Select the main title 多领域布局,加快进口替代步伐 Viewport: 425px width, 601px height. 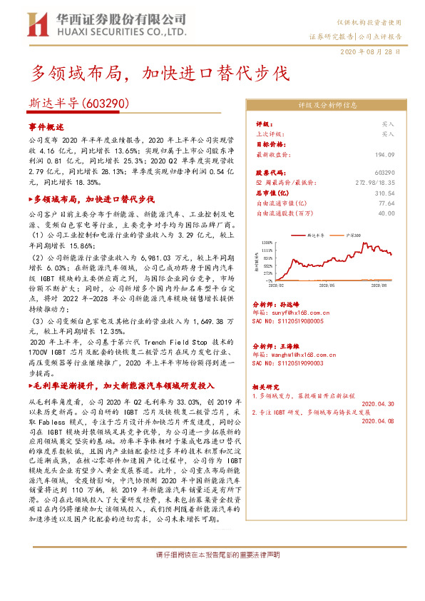coord(161,73)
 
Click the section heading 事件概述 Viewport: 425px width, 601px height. coord(46,126)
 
